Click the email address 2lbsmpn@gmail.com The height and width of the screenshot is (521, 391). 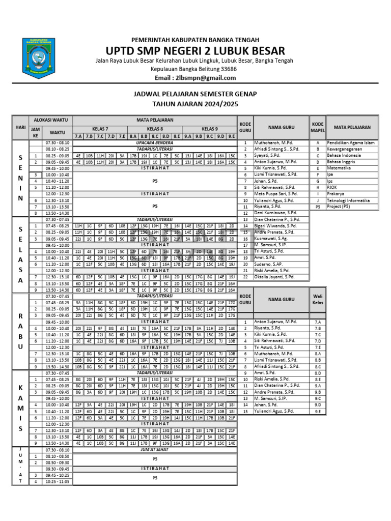195,78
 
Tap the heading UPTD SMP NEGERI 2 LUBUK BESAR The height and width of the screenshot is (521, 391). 195,50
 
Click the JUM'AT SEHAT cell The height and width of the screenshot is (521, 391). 155,450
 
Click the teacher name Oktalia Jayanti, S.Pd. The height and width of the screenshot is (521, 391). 274,276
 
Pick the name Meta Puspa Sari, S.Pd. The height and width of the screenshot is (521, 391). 276,193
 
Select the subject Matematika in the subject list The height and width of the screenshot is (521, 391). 341,168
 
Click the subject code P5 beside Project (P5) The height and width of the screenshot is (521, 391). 318,207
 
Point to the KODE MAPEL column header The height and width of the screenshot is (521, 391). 318,127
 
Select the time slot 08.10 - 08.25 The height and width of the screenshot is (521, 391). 58,149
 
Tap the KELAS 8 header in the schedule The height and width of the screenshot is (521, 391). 155,129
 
